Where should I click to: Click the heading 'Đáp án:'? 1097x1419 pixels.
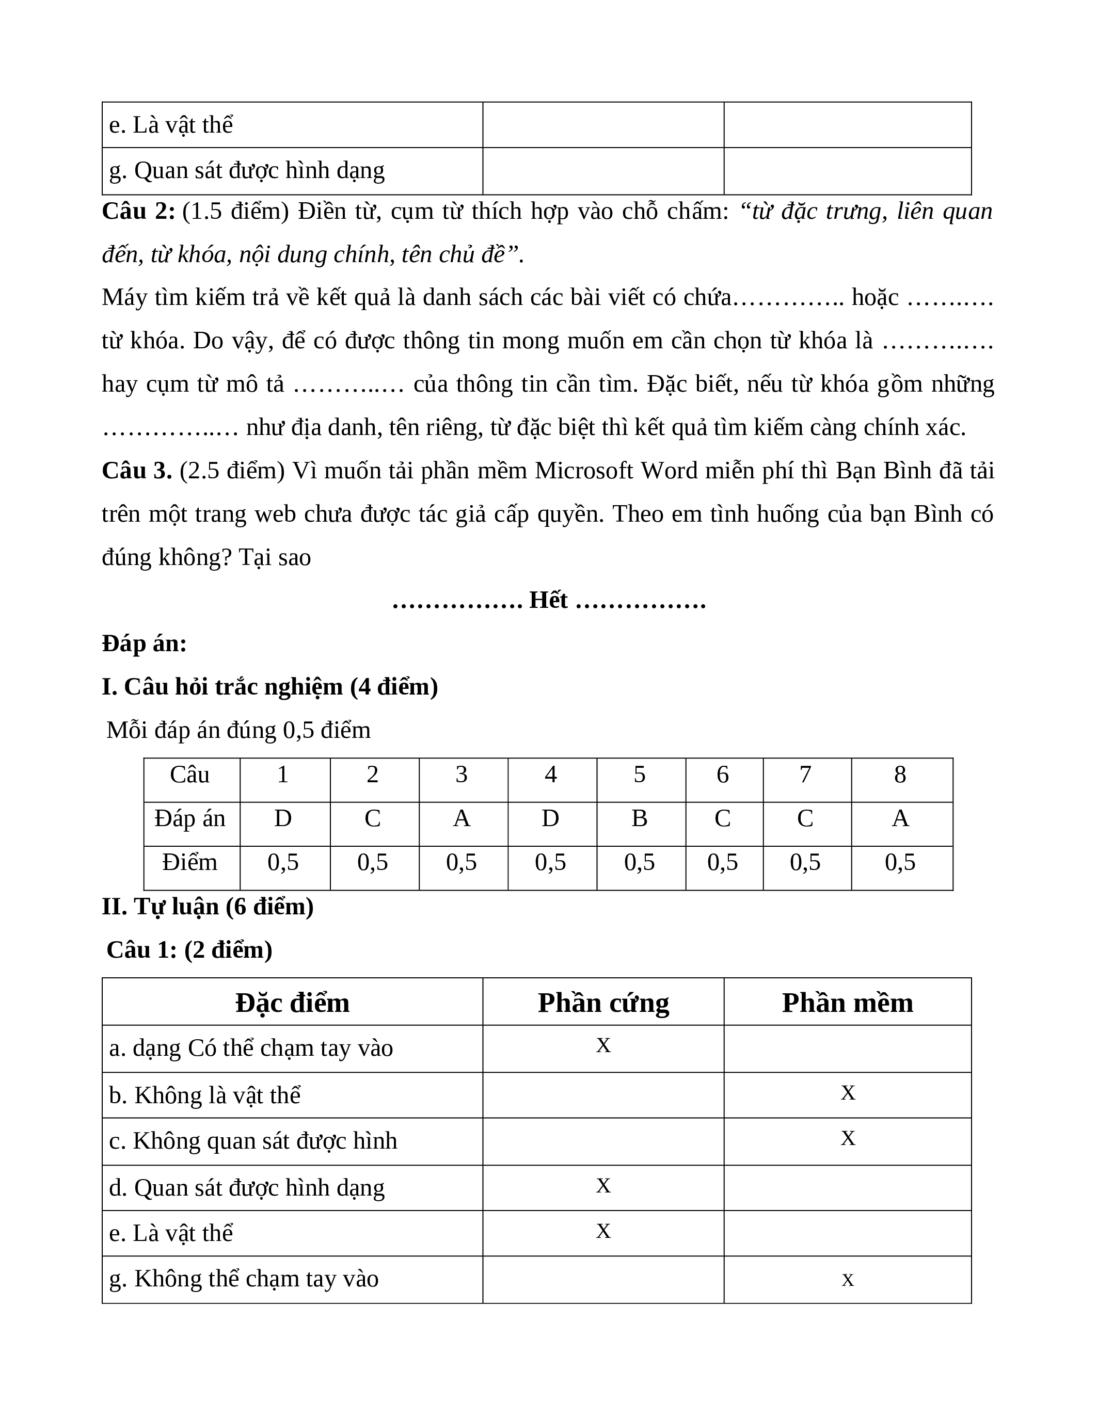pyautogui.click(x=144, y=644)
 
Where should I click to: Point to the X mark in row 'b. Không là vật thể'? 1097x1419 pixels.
pyautogui.click(x=848, y=1093)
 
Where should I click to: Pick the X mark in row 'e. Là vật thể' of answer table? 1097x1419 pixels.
pyautogui.click(x=603, y=1231)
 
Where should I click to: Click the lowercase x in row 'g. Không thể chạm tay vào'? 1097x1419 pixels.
pyautogui.click(x=848, y=1279)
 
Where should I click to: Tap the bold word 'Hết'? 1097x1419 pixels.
pyautogui.click(x=548, y=600)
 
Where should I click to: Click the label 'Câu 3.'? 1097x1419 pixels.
pyautogui.click(x=136, y=471)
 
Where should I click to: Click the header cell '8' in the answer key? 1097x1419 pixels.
pyautogui.click(x=900, y=775)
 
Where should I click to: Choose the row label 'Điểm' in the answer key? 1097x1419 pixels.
pyautogui.click(x=190, y=862)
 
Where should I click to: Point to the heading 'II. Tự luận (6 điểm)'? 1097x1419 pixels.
pyautogui.click(x=208, y=907)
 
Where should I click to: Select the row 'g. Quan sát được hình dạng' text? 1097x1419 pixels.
pyautogui.click(x=247, y=171)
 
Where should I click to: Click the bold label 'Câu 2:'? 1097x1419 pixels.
pyautogui.click(x=138, y=211)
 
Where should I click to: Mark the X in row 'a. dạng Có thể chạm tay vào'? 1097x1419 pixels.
pyautogui.click(x=603, y=1045)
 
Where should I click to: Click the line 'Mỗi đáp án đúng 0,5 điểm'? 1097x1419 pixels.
pyautogui.click(x=239, y=730)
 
